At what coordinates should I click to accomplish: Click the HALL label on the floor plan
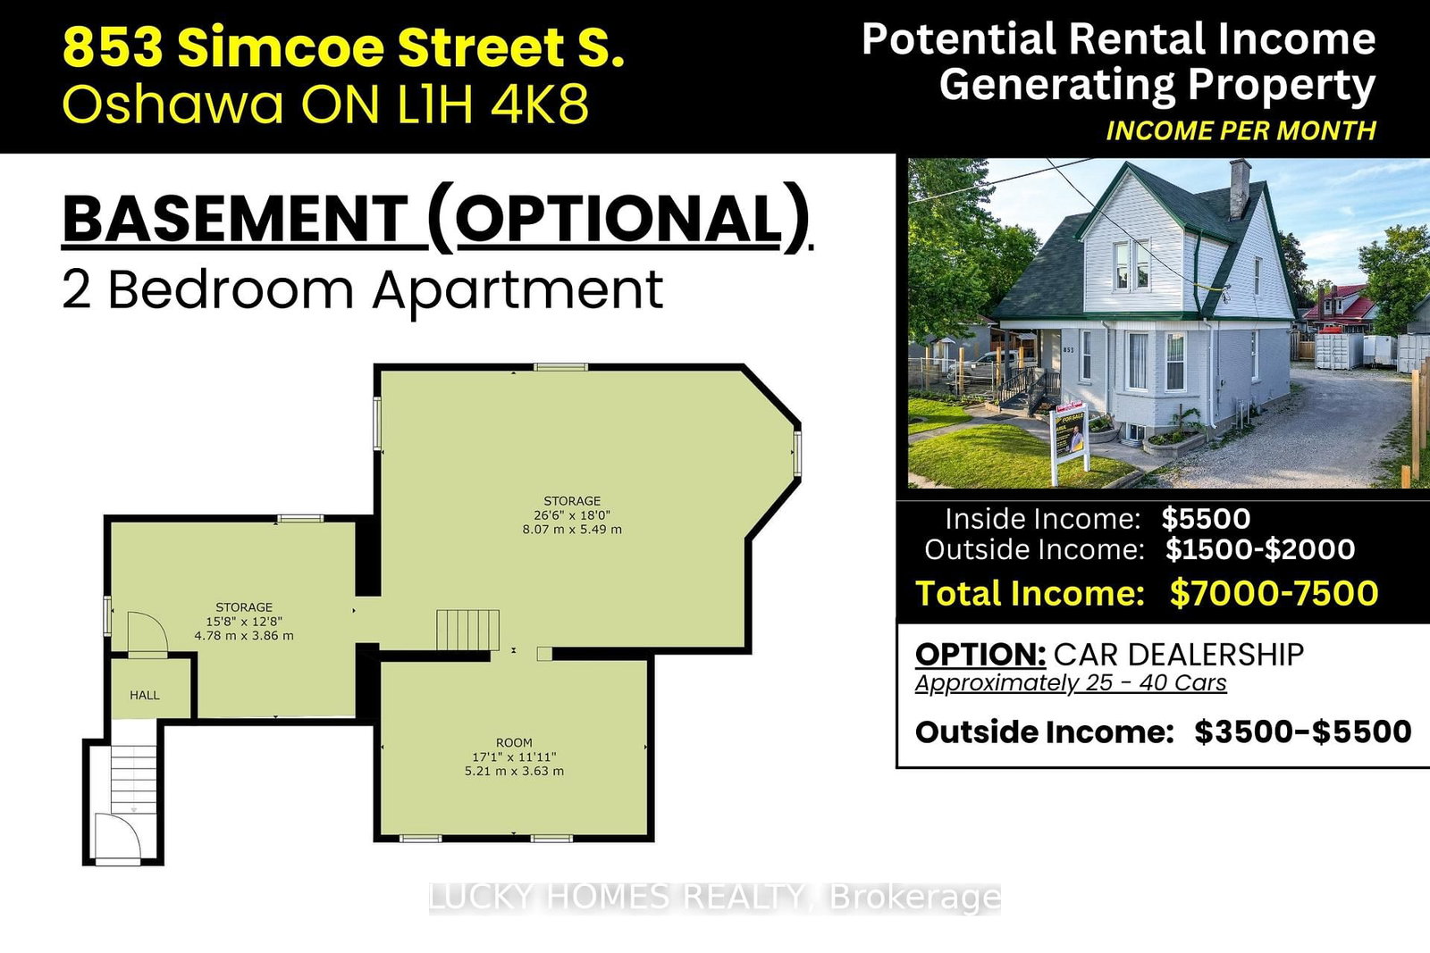tap(145, 695)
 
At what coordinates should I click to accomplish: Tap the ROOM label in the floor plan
tap(514, 742)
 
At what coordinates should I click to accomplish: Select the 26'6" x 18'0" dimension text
tap(572, 514)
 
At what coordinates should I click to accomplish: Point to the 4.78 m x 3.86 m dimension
tap(244, 635)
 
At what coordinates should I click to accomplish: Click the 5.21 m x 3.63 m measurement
tap(514, 771)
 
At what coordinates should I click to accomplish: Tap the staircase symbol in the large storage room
tap(468, 630)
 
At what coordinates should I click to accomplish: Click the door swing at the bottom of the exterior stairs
tap(117, 837)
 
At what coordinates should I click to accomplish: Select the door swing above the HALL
tap(147, 632)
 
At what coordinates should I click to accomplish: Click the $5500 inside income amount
tap(1206, 519)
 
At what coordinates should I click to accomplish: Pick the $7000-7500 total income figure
tap(1274, 592)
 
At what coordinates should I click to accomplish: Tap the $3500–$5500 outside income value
tap(1303, 731)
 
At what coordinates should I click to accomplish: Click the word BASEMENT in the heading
tap(236, 219)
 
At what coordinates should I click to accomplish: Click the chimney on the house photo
tap(1239, 188)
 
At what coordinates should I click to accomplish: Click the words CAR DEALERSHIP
tap(1179, 655)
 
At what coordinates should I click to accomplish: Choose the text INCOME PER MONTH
tap(1241, 130)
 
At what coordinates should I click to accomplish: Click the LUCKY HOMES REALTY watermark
tap(714, 897)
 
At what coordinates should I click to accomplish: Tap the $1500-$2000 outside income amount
tap(1260, 549)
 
